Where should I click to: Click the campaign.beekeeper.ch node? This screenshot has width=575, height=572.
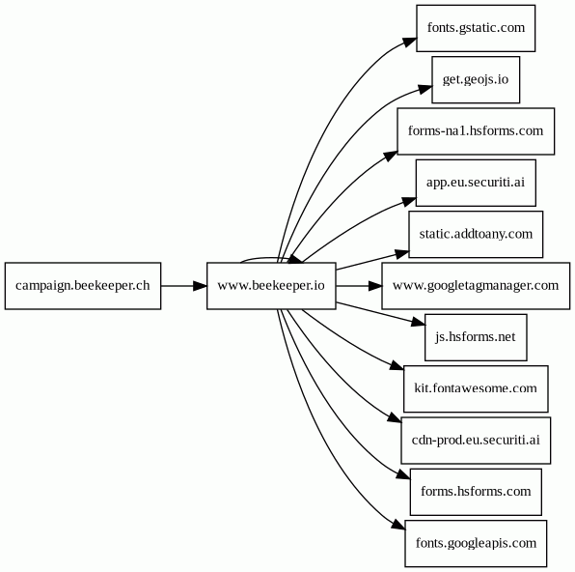(83, 286)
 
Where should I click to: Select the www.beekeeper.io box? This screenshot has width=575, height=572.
(271, 286)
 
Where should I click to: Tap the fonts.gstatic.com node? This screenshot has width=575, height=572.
(476, 28)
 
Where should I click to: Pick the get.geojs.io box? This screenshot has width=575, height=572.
(476, 80)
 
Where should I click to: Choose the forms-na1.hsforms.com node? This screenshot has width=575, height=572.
(476, 131)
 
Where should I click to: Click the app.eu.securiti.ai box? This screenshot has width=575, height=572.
(476, 183)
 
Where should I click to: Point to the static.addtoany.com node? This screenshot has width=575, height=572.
(476, 235)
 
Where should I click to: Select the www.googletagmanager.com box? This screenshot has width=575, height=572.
(476, 286)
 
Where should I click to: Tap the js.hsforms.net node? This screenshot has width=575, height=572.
(476, 337)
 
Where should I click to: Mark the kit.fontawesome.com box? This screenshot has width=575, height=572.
(476, 388)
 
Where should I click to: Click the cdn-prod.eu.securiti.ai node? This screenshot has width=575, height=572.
(476, 441)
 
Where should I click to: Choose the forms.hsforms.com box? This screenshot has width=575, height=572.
(476, 492)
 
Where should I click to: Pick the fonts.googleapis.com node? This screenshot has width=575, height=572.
(476, 543)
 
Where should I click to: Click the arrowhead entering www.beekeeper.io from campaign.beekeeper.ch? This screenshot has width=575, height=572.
(200, 286)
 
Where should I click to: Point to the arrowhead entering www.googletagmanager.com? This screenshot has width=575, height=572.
(374, 286)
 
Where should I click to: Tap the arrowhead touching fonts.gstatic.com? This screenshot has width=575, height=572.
(410, 42)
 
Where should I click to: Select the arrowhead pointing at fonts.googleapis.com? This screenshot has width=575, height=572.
(398, 525)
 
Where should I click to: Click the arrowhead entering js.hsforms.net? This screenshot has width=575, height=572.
(418, 322)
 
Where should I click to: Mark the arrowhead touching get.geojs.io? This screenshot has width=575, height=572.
(425, 89)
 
